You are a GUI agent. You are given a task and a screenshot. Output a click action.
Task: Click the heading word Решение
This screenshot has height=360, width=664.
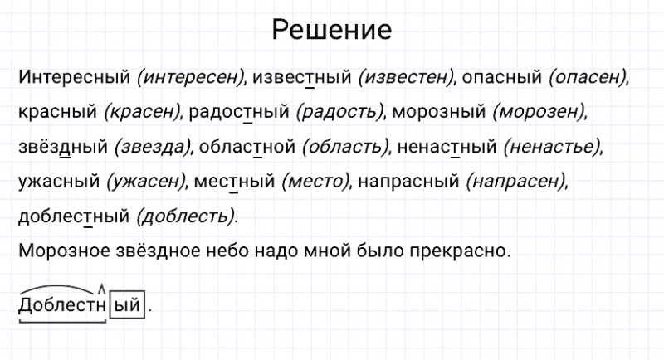pos(331,31)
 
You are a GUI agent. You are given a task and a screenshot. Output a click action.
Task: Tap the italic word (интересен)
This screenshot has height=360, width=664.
pos(191,77)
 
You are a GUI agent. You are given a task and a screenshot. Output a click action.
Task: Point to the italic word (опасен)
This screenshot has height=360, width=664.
pos(587,77)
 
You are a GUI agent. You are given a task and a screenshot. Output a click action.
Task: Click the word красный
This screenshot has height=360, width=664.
pos(56,112)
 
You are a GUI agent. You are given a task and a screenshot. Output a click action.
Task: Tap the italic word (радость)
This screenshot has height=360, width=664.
pos(339,112)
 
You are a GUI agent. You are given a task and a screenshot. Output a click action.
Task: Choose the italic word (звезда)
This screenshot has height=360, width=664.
pos(152,147)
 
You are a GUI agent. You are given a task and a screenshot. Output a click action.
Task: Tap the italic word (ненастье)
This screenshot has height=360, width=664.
pos(551,147)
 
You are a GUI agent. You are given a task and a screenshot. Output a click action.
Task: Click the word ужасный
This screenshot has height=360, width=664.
pos(57,181)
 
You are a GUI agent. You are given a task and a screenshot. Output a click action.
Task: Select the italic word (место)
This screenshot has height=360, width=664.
pos(314,181)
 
